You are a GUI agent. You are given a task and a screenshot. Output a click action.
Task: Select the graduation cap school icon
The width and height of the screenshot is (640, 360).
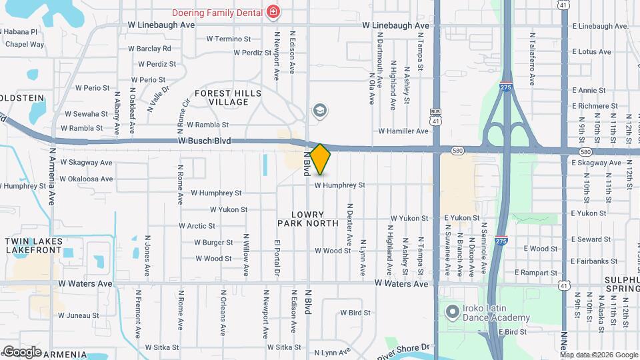(x=320, y=110)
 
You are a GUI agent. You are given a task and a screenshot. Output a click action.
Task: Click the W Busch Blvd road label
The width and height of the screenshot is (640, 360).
(x=204, y=141)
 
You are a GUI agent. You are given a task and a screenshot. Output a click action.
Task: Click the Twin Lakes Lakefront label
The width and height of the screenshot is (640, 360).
(x=33, y=245)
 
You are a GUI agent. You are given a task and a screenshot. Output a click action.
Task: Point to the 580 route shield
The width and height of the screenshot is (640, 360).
(x=457, y=151)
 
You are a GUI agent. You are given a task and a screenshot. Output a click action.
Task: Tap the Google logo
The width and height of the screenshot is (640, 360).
(x=21, y=351)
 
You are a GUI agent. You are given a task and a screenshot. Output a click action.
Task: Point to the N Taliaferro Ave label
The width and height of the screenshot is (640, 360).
(x=532, y=59)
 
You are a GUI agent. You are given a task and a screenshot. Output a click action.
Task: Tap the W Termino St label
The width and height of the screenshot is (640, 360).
(x=228, y=39)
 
